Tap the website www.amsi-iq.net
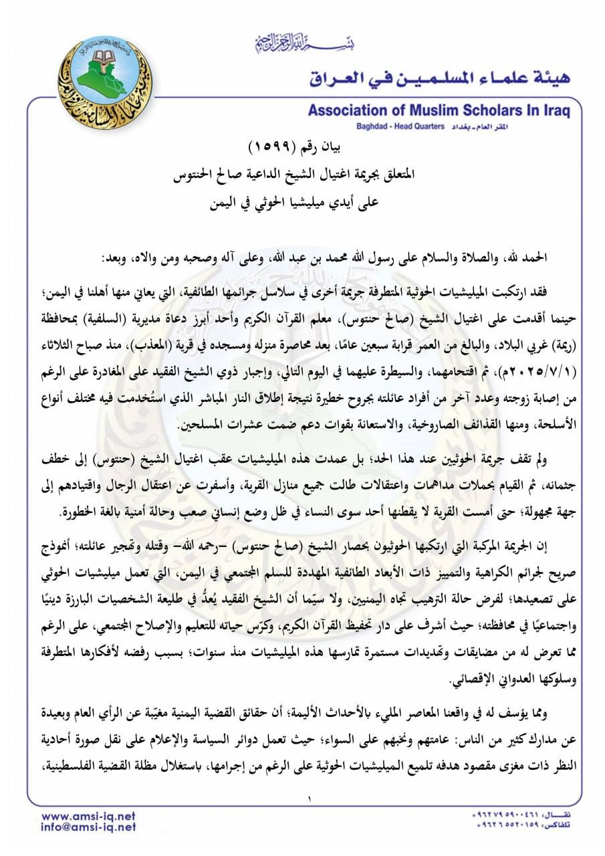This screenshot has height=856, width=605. tap(89, 816)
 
